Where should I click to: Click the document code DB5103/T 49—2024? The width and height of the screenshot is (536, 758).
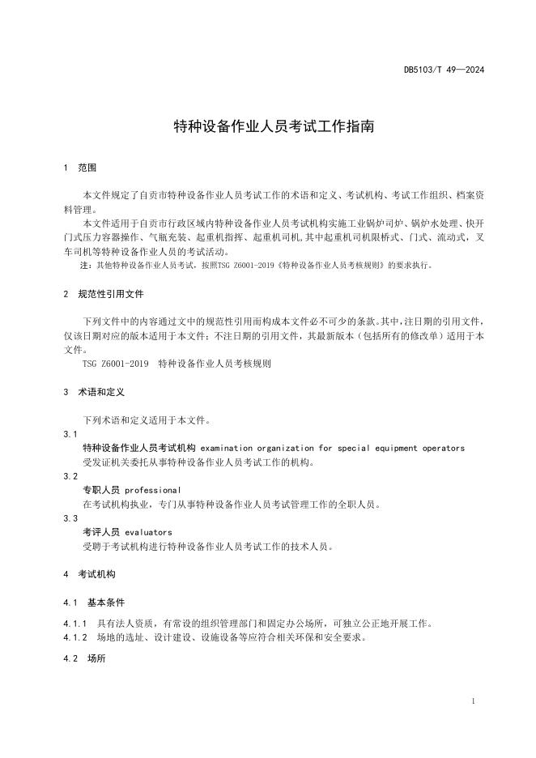coord(444,70)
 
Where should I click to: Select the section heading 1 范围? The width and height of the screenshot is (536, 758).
coord(79,168)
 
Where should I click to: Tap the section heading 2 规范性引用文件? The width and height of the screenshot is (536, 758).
coord(104,294)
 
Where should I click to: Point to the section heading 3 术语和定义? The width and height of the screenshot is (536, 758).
coord(93,392)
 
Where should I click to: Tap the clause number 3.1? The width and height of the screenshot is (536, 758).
coord(70,434)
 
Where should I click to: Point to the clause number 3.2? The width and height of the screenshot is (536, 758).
coord(70,476)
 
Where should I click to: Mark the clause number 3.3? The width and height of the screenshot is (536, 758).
coord(70,518)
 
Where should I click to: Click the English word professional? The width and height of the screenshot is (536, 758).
coord(152,490)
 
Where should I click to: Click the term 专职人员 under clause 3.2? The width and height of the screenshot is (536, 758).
coord(101,490)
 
